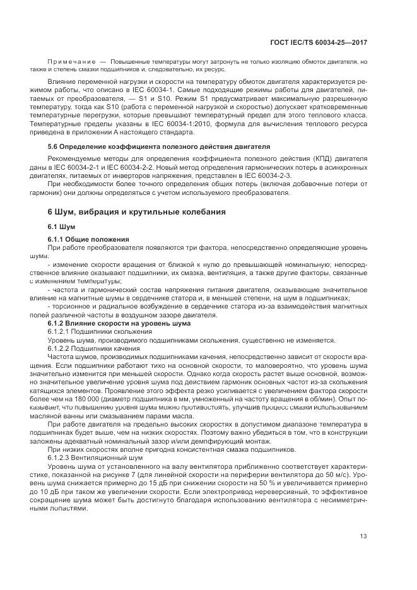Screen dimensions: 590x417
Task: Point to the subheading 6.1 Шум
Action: (61, 226)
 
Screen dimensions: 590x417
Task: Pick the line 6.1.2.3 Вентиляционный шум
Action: (95, 456)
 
